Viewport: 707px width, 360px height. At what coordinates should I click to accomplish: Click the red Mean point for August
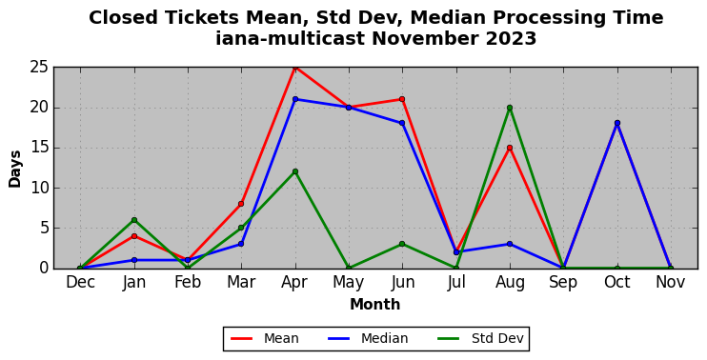(x=510, y=148)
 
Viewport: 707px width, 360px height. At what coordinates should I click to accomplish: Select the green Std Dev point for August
(x=510, y=108)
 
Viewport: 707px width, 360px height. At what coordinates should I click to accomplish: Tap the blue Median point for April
(x=294, y=99)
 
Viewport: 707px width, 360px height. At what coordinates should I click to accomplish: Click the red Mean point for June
(x=402, y=99)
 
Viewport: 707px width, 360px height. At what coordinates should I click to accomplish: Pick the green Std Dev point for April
(x=294, y=171)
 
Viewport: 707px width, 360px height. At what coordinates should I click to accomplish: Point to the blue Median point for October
(x=616, y=123)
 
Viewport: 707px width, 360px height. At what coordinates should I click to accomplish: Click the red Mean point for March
(x=241, y=204)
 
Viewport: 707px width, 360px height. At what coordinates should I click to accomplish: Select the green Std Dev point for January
(x=134, y=220)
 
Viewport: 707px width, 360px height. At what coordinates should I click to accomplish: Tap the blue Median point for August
(x=510, y=244)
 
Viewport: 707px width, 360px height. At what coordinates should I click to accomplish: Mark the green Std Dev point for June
(x=402, y=244)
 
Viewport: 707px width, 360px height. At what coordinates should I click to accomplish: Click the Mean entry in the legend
(x=265, y=338)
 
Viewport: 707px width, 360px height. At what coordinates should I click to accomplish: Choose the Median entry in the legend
(x=368, y=338)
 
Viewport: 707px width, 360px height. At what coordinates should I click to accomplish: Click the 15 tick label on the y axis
(x=39, y=149)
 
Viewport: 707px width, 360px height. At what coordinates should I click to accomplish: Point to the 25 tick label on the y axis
(x=39, y=68)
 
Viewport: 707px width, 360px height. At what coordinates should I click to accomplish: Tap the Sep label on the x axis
(x=563, y=283)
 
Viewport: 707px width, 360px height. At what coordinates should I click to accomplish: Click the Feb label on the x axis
(x=188, y=282)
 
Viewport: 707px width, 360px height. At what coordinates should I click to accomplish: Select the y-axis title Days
(x=15, y=169)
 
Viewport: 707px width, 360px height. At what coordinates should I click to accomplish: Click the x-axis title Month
(x=375, y=304)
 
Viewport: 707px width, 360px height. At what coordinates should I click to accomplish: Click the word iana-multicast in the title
(x=290, y=39)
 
